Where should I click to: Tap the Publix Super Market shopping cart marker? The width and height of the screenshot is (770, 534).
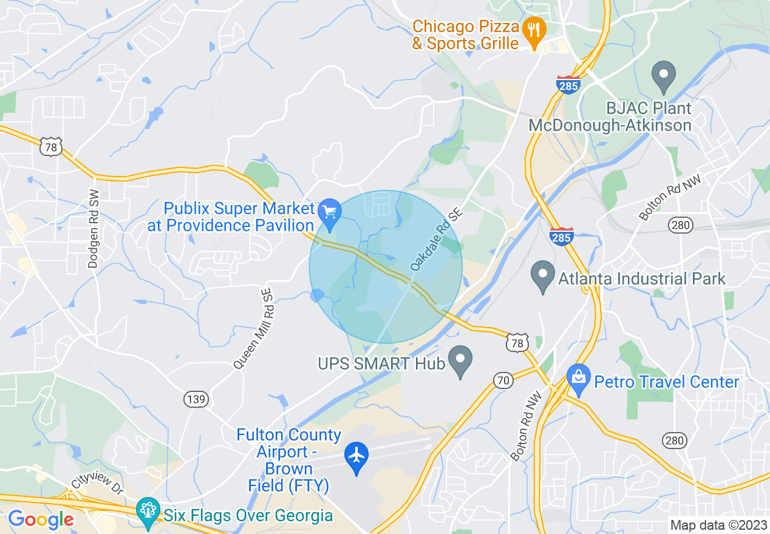coord(330,213)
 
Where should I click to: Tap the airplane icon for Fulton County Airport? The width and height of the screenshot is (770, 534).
coord(356,455)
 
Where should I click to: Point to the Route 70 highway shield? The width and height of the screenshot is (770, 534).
coord(502,380)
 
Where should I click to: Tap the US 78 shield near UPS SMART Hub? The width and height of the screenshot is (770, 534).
coord(517,343)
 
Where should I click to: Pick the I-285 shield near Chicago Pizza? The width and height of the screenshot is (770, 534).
coord(568,84)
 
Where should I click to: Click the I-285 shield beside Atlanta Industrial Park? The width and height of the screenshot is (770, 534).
coord(561,236)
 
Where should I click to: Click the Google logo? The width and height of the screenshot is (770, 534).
coord(41,519)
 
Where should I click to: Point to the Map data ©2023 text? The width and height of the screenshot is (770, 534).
coord(718,525)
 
